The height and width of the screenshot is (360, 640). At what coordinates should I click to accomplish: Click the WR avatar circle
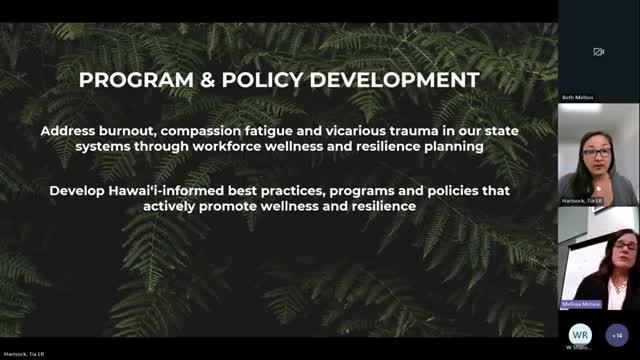[578, 333]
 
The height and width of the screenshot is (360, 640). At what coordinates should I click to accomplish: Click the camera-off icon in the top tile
[598, 52]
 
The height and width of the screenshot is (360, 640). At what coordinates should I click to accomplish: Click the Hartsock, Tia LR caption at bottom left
[20, 354]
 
